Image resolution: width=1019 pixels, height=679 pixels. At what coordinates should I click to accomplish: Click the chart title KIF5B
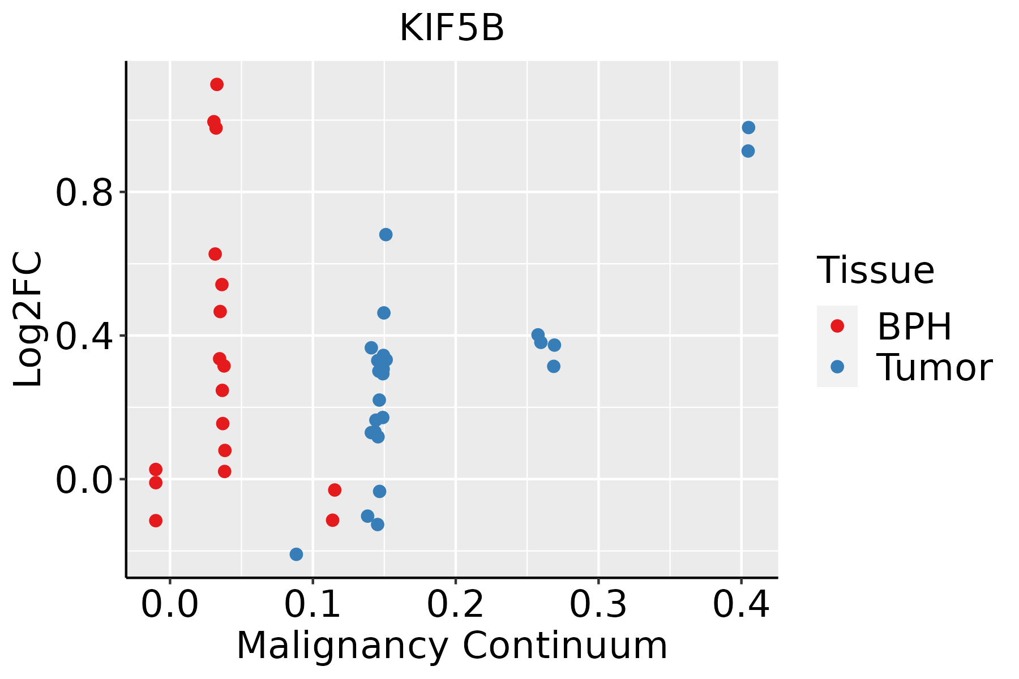pos(451,28)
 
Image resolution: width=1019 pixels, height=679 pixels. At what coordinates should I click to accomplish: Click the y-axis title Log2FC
pos(28,320)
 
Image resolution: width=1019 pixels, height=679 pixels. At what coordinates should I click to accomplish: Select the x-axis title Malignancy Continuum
pos(451,646)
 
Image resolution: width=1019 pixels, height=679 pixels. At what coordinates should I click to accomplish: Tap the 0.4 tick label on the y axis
pos(83,336)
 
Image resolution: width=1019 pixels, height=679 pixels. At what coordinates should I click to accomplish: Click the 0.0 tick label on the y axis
pos(83,480)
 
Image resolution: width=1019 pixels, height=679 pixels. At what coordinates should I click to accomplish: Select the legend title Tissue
pos(875,270)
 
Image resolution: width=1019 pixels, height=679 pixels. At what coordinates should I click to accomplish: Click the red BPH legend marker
pos(837,326)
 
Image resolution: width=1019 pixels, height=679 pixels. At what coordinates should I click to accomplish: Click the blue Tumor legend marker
pos(837,367)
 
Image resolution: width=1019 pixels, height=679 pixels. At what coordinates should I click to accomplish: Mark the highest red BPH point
pos(217,84)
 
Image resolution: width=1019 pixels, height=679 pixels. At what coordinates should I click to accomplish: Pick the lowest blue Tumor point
pos(296,554)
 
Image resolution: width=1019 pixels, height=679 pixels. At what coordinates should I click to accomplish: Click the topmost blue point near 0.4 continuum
pos(748,127)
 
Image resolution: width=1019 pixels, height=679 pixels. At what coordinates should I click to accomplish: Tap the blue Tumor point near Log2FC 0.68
pos(386,235)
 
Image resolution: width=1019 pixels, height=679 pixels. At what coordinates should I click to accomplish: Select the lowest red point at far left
pos(156,521)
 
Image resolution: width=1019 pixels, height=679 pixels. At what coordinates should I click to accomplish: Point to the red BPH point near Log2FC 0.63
pos(215,254)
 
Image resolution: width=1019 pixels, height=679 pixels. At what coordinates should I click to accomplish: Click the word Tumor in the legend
pos(934,368)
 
